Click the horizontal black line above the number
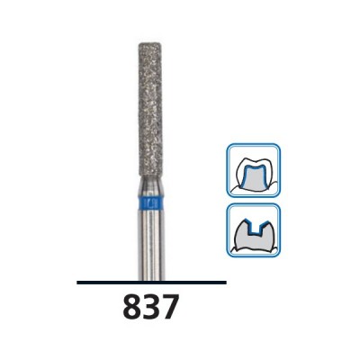pos(151,283)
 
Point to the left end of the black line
pos(78,283)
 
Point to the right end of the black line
pos(225,283)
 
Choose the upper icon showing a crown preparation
pos(255,170)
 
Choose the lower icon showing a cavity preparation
pos(255,230)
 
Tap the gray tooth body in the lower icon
pos(255,245)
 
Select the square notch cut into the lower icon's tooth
pos(255,228)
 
